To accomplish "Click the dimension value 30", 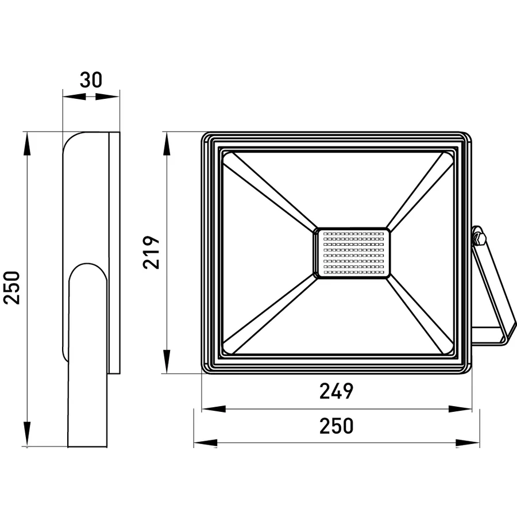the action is [x=91, y=80].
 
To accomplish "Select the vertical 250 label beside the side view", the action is [x=12, y=288].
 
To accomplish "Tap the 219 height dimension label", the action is [x=151, y=253].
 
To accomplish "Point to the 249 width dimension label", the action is [x=336, y=391].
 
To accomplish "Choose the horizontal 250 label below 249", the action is [x=336, y=426].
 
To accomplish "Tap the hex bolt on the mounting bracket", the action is [x=479, y=238].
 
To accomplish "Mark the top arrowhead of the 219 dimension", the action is [x=167, y=144].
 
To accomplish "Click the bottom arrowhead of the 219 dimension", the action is [x=167, y=362].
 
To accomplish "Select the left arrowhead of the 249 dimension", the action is [x=214, y=409].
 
